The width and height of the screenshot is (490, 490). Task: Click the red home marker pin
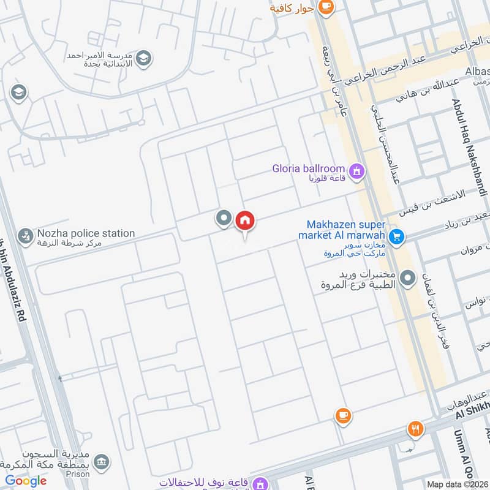(x=245, y=220)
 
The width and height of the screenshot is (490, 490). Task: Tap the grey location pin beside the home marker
(x=224, y=217)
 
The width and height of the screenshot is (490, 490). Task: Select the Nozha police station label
(x=86, y=233)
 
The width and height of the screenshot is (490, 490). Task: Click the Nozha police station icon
(x=25, y=236)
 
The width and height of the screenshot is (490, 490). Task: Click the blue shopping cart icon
(x=396, y=235)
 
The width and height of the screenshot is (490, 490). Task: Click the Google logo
(x=26, y=480)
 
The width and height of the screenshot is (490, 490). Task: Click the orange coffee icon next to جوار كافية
(x=326, y=7)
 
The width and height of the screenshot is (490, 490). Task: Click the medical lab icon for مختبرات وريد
(x=407, y=280)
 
